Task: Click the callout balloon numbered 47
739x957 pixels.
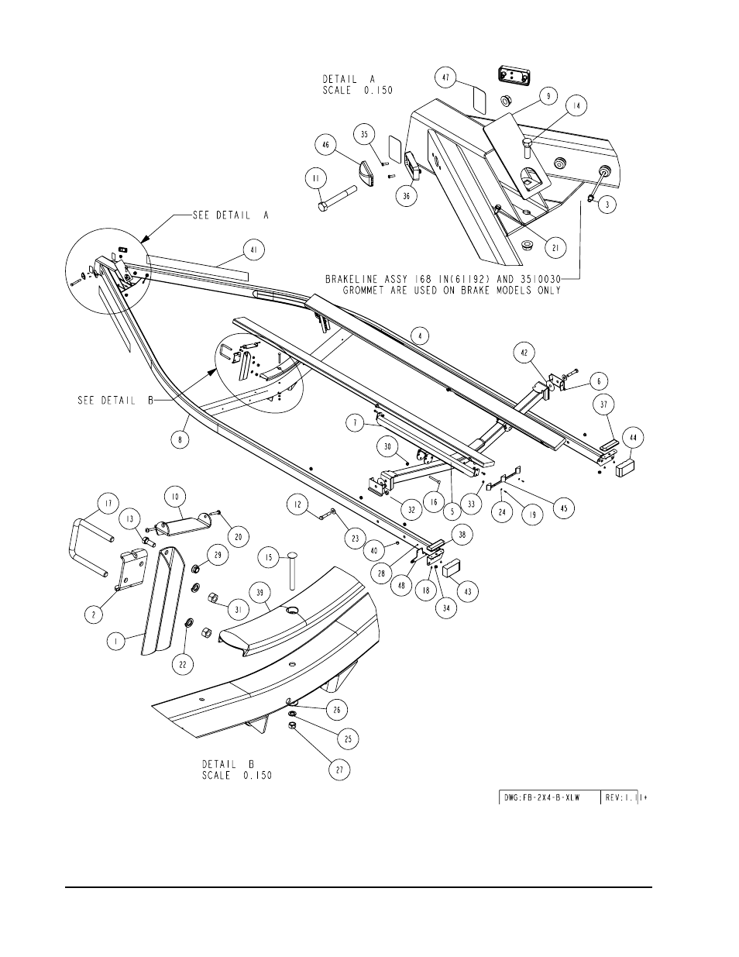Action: pos(445,77)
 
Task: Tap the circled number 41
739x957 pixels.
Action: pos(253,250)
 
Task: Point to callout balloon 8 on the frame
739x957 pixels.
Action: pos(180,439)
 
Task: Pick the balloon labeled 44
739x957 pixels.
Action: pos(633,437)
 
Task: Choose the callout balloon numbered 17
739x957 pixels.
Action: pos(108,504)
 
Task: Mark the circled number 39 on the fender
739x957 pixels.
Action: pos(260,593)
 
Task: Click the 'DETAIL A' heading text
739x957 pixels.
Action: pos(349,79)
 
